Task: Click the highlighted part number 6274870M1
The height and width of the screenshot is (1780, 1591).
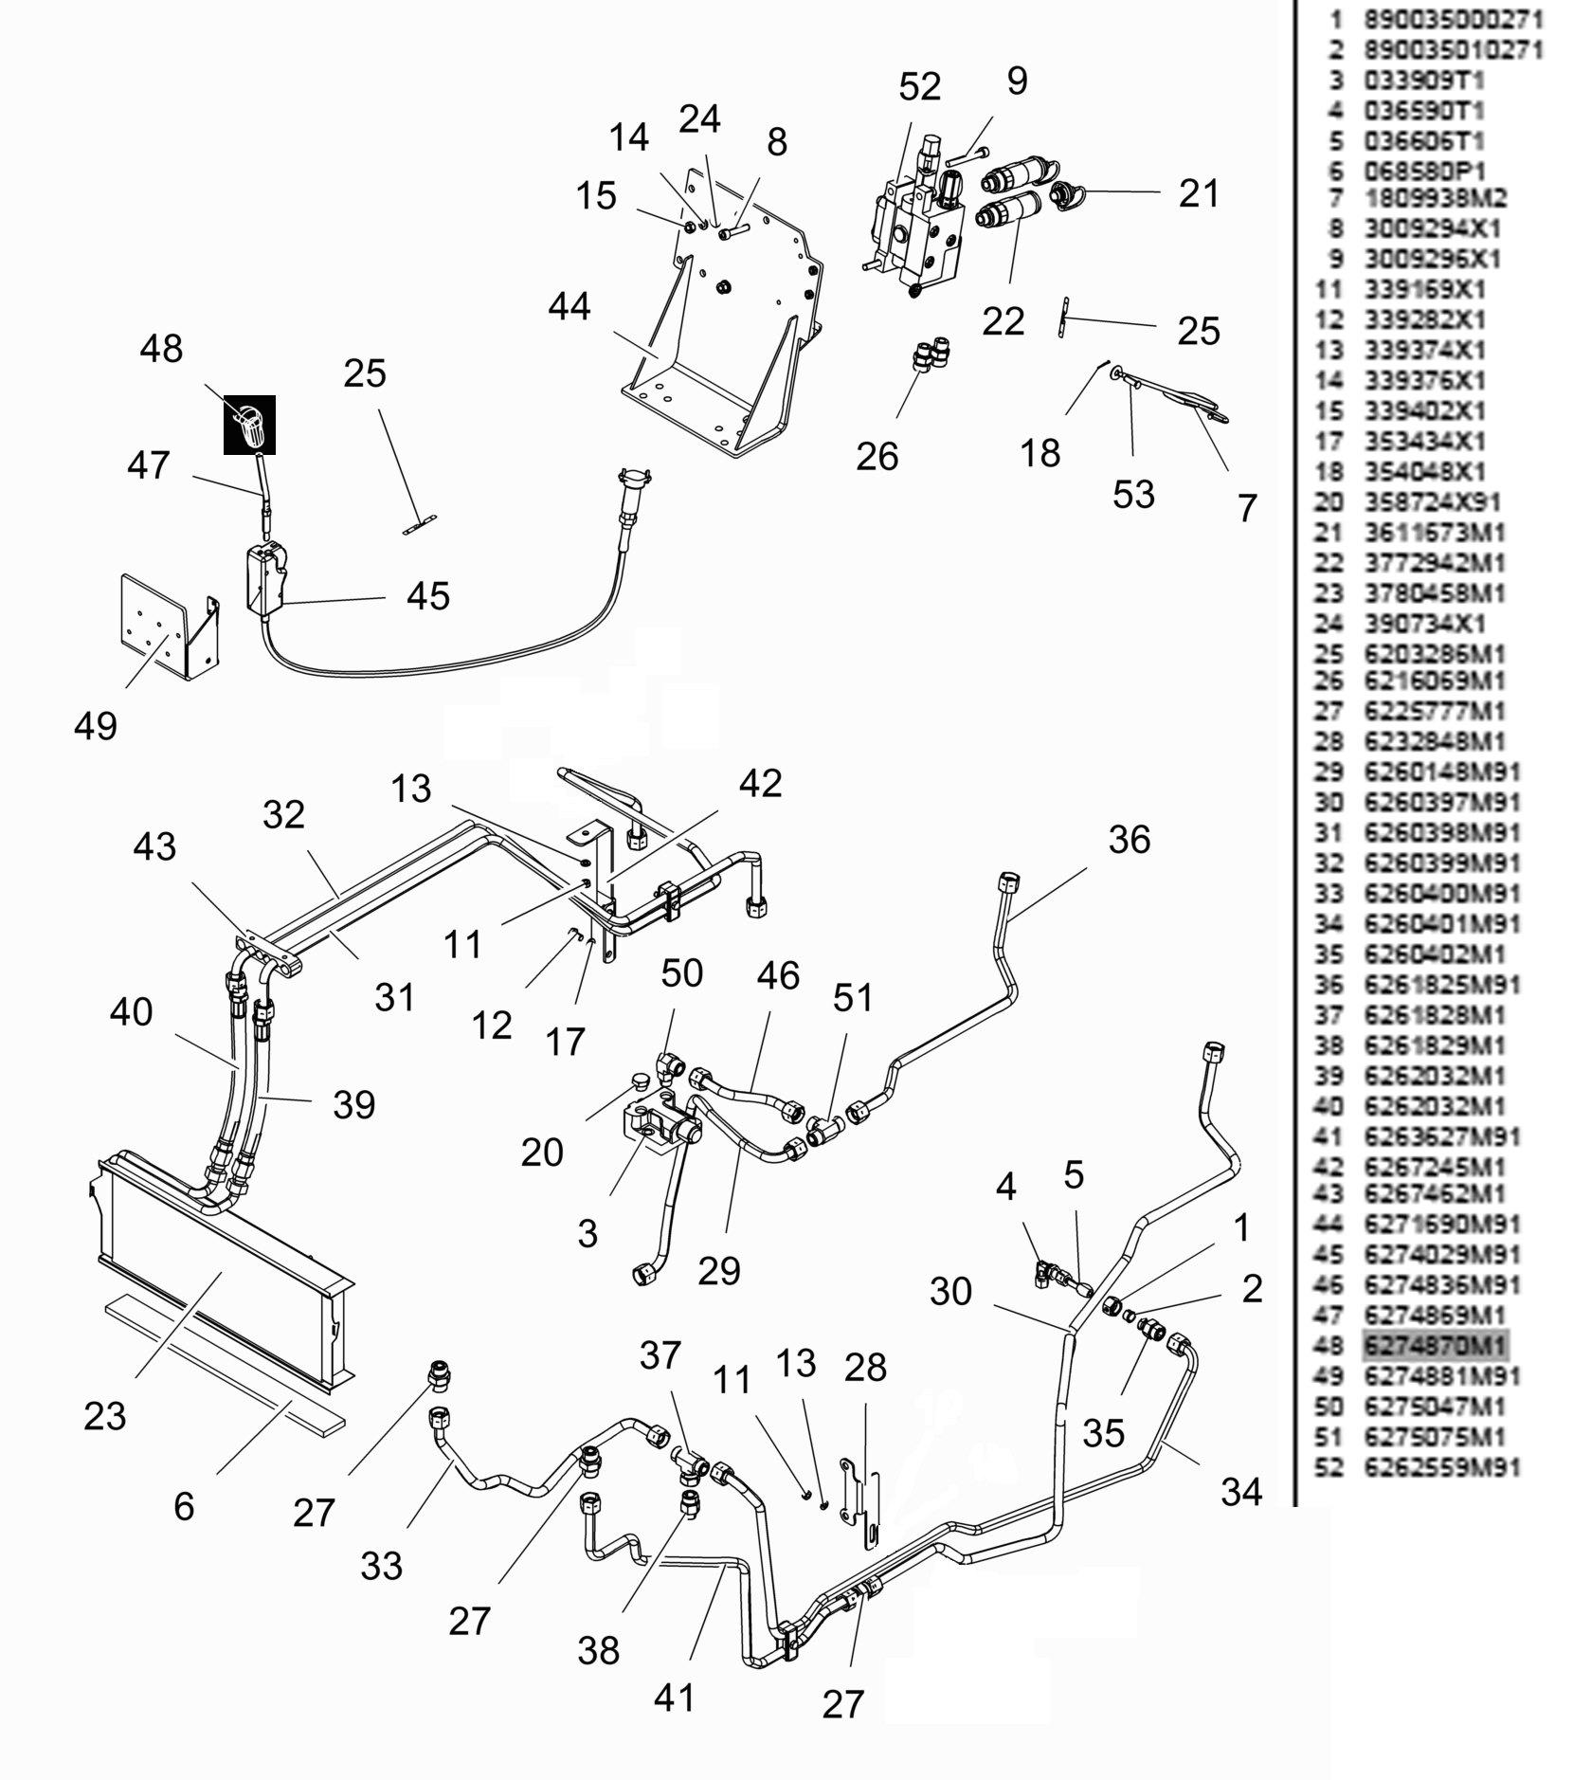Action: (1435, 1345)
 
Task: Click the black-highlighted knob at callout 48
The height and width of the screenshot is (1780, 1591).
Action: (249, 425)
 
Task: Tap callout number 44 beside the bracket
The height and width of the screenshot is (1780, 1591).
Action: (570, 307)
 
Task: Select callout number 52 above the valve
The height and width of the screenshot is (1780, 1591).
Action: (919, 87)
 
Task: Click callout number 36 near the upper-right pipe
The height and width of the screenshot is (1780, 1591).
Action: (1129, 840)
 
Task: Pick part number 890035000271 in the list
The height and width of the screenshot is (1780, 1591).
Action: (1454, 19)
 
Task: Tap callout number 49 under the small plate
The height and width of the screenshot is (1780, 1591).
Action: (96, 726)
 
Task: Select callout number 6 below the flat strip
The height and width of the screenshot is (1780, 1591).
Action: (184, 1506)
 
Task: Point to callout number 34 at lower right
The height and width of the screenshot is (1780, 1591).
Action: (1241, 1492)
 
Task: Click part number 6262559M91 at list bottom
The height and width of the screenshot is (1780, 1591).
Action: (1441, 1467)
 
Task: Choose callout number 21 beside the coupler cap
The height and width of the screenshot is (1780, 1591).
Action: (1199, 193)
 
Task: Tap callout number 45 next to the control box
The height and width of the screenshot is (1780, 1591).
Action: (427, 596)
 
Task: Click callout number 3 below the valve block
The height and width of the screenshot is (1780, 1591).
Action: (588, 1233)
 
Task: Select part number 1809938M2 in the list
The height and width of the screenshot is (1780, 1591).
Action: (1435, 199)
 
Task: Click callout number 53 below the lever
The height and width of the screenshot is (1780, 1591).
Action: (1133, 494)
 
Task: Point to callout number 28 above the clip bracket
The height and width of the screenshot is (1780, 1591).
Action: (865, 1367)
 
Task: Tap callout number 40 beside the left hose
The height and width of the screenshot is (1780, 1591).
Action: (131, 1012)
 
